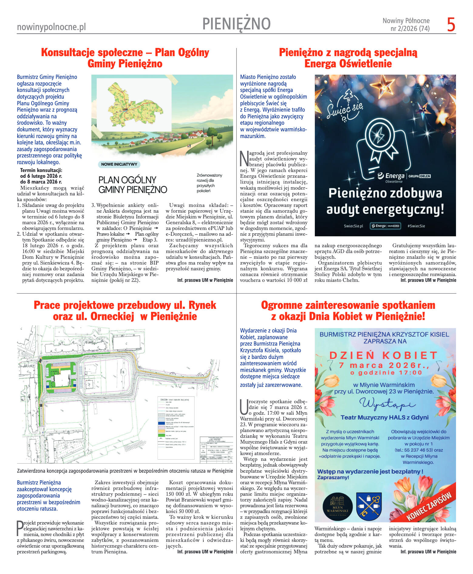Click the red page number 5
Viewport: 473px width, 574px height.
[x=451, y=25]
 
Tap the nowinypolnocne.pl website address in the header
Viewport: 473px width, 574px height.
[x=51, y=27]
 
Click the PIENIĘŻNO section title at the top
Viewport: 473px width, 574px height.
[x=236, y=24]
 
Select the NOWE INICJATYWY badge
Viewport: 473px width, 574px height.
[x=119, y=164]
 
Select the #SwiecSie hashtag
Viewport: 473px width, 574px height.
[x=416, y=226]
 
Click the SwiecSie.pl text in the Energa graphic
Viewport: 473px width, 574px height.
[x=353, y=226]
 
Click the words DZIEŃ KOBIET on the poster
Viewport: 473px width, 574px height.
[x=384, y=355]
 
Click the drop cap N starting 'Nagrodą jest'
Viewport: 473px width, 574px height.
[x=244, y=158]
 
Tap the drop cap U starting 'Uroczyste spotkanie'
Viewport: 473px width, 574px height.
[x=244, y=407]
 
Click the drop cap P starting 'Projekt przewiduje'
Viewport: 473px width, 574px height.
[x=20, y=528]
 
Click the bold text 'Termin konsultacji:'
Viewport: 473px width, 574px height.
[x=41, y=170]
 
